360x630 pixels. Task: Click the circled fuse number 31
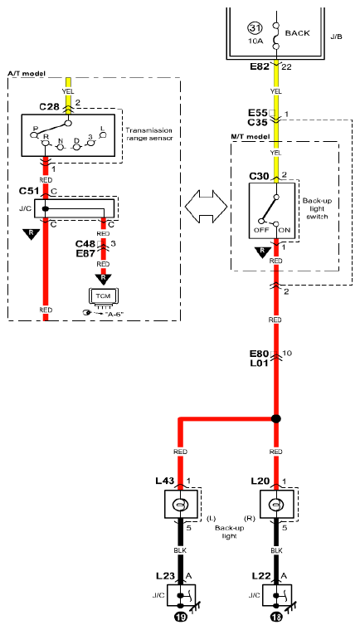[255, 29]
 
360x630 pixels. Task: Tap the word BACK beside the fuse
[298, 33]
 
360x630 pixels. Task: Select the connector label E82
[260, 66]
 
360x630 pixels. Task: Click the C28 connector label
[50, 107]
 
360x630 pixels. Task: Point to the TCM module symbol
[103, 297]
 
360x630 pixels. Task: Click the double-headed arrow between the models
[206, 207]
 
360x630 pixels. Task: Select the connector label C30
[259, 176]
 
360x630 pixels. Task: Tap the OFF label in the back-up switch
[260, 230]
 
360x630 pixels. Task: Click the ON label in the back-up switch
[285, 230]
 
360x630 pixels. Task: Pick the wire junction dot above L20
[275, 418]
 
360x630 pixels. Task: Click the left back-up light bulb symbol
[180, 504]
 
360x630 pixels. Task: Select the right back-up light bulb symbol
[275, 504]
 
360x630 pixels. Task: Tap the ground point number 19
[180, 617]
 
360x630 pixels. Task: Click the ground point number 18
[276, 617]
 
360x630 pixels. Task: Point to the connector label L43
[165, 481]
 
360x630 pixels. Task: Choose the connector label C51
[29, 190]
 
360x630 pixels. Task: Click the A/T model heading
[27, 74]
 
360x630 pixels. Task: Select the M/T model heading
[250, 137]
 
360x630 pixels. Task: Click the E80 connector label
[260, 354]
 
